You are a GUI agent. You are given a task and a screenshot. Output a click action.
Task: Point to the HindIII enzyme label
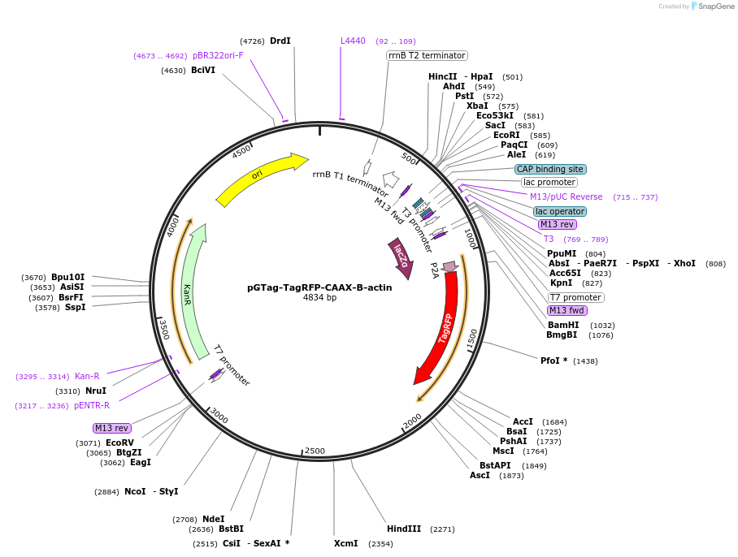click(404, 529)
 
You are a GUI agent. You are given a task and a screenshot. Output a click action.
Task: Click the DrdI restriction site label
click(280, 41)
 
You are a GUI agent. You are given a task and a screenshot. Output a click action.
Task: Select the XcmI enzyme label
click(345, 543)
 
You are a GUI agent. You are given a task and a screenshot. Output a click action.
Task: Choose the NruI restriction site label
click(96, 391)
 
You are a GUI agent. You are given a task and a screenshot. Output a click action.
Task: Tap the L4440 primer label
click(353, 41)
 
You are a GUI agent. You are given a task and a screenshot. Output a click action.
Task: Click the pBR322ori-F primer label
click(218, 55)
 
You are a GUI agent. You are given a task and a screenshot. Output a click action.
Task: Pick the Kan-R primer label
click(87, 376)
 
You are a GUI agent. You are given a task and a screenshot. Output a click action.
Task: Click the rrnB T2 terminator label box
click(427, 55)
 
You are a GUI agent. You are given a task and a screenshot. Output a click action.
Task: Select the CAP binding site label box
click(550, 169)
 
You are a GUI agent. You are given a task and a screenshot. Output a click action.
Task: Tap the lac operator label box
click(560, 211)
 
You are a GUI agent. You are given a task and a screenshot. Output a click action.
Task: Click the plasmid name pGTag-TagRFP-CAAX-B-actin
click(319, 287)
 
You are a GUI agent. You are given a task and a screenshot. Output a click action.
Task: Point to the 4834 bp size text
click(319, 298)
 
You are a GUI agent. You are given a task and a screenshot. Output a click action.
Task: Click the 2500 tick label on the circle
click(315, 451)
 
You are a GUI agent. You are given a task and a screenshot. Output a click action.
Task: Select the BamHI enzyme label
click(562, 325)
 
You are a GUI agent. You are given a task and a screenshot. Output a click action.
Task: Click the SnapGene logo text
click(716, 6)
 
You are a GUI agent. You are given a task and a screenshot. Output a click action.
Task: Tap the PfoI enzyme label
click(553, 361)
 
